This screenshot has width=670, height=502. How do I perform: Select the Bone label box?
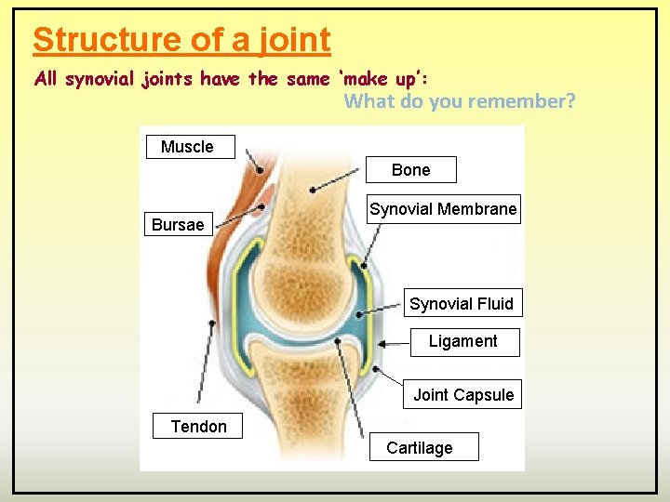411,170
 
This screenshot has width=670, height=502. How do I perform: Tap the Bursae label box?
178,225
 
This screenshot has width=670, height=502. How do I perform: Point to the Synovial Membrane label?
443,209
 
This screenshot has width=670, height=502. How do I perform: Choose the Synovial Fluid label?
462,304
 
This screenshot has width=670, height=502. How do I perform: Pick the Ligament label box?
463,341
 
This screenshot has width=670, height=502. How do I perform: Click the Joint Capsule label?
463,395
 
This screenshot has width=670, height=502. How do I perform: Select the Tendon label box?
198,427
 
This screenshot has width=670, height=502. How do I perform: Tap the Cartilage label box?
420,448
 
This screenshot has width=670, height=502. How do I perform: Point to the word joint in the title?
295,40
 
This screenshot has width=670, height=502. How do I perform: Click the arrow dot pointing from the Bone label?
313,190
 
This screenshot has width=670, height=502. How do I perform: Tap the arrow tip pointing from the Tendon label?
213,324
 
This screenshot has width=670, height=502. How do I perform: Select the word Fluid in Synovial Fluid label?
493,304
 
